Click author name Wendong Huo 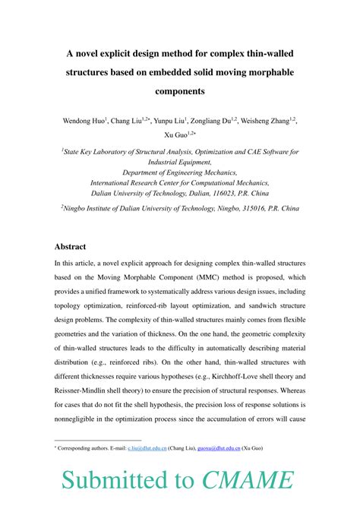(81, 121)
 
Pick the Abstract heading (70, 247)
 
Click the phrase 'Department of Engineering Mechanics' (179, 172)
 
